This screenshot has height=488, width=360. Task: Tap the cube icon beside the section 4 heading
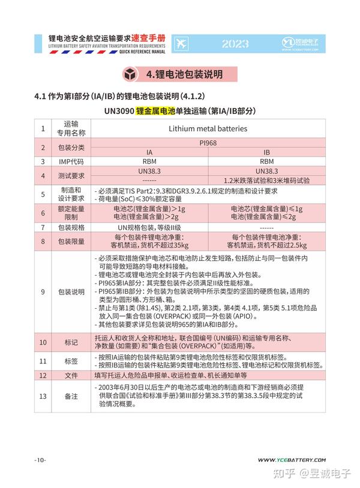tap(130, 75)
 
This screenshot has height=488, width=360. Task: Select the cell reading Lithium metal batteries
tap(208, 128)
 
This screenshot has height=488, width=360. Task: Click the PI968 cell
tap(208, 143)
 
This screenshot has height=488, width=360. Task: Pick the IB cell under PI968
tap(266, 152)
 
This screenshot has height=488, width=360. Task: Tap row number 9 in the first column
tap(43, 292)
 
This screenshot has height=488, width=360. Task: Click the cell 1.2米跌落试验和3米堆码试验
tap(266, 180)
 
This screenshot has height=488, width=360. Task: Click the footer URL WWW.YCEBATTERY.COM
tap(292, 459)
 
